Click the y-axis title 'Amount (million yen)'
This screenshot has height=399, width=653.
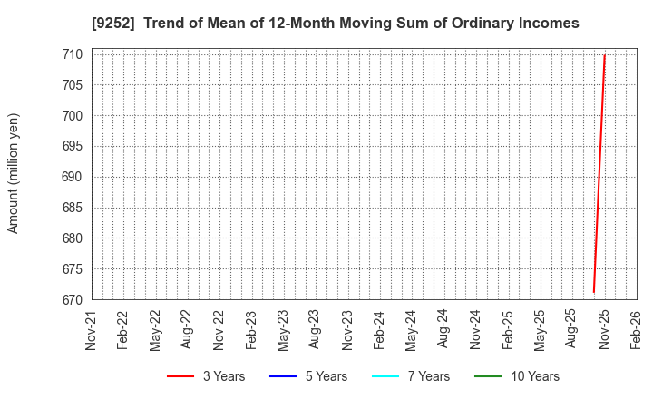14,173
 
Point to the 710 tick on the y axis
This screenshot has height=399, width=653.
73,54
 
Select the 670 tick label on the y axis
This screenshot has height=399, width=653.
73,300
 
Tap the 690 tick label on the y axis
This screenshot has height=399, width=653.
73,177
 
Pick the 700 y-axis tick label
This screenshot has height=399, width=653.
73,116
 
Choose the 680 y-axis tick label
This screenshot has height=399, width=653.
73,238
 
